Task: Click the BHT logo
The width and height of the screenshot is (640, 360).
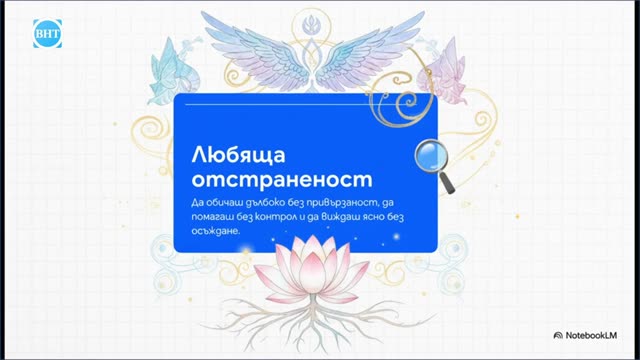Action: pyautogui.click(x=47, y=33)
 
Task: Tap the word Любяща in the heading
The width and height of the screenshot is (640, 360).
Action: pyautogui.click(x=238, y=156)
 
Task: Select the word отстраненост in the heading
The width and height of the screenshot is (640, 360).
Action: pyautogui.click(x=282, y=180)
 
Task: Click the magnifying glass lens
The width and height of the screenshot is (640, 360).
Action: pyautogui.click(x=431, y=155)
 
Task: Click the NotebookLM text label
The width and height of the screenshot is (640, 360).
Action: pyautogui.click(x=591, y=336)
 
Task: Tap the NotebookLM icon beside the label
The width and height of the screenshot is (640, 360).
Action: pyautogui.click(x=558, y=336)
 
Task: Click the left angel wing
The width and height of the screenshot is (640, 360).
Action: pyautogui.click(x=257, y=51)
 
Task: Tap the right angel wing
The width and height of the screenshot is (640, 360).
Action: pyautogui.click(x=367, y=51)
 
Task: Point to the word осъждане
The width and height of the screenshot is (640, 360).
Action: pyautogui.click(x=216, y=231)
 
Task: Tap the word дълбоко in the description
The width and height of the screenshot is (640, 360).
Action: pyautogui.click(x=265, y=202)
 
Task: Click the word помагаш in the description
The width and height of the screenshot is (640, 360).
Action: pyautogui.click(x=212, y=217)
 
